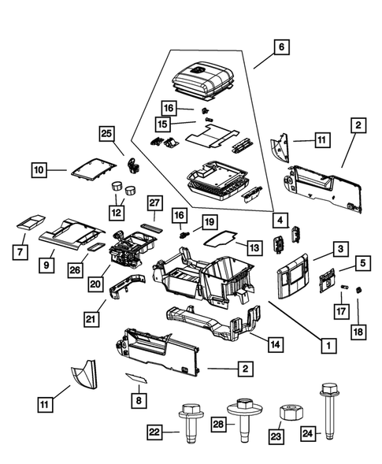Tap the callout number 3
[339, 249]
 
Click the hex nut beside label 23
[287, 414]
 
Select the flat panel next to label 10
[94, 167]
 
